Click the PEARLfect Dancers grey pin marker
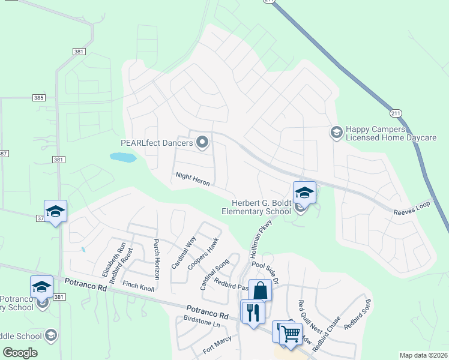(x=202, y=142)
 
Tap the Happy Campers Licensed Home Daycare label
(x=391, y=134)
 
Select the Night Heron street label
(x=192, y=179)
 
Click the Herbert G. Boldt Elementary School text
(x=256, y=206)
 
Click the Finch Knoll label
(x=138, y=285)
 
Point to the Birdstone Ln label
(x=202, y=322)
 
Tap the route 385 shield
(x=38, y=98)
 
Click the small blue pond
(x=122, y=157)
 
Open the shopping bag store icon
(x=261, y=290)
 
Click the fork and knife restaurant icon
(x=253, y=312)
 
